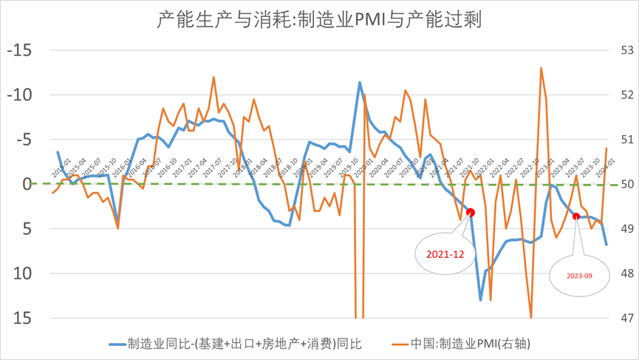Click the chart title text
coord(319,18)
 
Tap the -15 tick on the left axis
coord(20,51)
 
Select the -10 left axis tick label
coord(20,95)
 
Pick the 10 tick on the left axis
coord(24,274)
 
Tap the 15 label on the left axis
coord(24,318)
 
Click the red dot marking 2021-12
coord(471,213)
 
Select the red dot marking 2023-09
coord(576,217)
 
